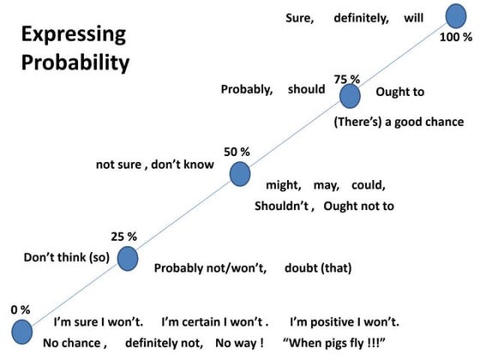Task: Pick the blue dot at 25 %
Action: (x=128, y=256)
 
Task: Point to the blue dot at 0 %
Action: (x=21, y=332)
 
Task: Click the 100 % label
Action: (x=455, y=37)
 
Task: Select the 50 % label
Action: (x=237, y=152)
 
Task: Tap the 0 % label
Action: (x=21, y=309)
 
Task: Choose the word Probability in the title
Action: (x=75, y=63)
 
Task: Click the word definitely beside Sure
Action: (x=362, y=16)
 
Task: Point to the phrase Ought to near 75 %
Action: (x=399, y=92)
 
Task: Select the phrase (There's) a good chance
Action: (x=399, y=122)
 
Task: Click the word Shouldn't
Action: (x=285, y=206)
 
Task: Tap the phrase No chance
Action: (x=75, y=344)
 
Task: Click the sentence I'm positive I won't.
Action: (x=345, y=322)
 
